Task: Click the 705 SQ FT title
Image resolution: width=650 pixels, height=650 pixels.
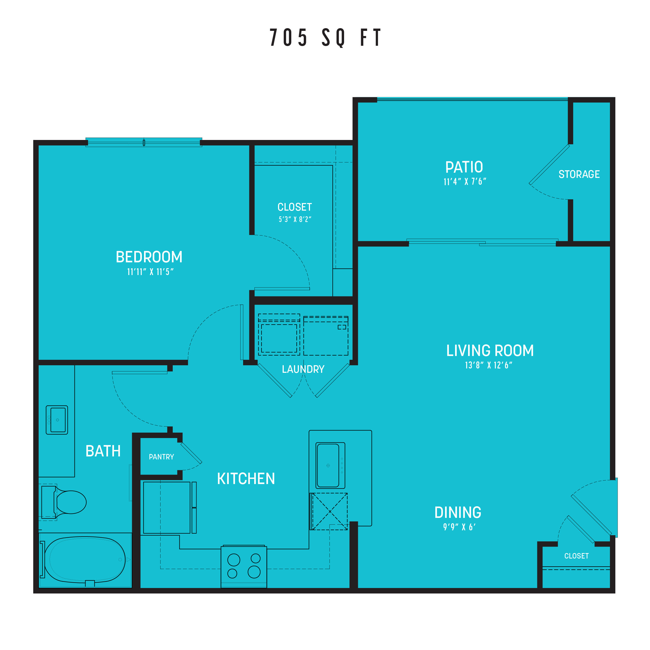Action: pyautogui.click(x=325, y=37)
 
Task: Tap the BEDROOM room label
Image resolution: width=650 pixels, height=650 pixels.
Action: pyautogui.click(x=149, y=257)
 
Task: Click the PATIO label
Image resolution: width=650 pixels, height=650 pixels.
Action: pyautogui.click(x=464, y=167)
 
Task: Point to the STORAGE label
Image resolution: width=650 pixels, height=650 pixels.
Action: pyautogui.click(x=579, y=174)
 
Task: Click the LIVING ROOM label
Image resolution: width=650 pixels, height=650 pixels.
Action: pyautogui.click(x=490, y=351)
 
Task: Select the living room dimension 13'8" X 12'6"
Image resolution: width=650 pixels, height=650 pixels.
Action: pyautogui.click(x=488, y=365)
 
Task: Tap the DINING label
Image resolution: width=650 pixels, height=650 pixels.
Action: pyautogui.click(x=458, y=512)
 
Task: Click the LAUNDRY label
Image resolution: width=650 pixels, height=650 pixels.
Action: pyautogui.click(x=303, y=370)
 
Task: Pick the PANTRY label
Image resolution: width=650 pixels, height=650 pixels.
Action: pyautogui.click(x=162, y=457)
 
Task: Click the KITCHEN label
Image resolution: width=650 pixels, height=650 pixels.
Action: pyautogui.click(x=246, y=479)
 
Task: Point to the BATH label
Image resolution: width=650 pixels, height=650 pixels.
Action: pyautogui.click(x=103, y=451)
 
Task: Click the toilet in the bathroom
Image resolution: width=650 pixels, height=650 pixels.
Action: pyautogui.click(x=63, y=502)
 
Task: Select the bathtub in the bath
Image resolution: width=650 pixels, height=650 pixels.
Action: pyautogui.click(x=85, y=560)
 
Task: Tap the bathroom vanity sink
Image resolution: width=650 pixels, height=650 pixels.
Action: pyautogui.click(x=57, y=420)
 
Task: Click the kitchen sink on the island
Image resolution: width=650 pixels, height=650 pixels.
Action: pyautogui.click(x=330, y=465)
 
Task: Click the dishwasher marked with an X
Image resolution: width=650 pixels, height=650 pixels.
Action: pyautogui.click(x=329, y=511)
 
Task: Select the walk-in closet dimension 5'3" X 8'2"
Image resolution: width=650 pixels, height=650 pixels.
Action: pyautogui.click(x=295, y=219)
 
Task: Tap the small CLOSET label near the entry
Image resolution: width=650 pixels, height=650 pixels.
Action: pyautogui.click(x=576, y=556)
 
